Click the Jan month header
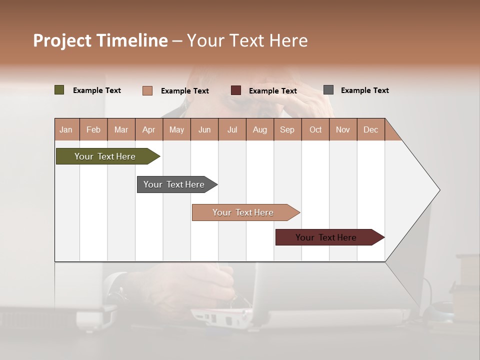pyautogui.click(x=66, y=129)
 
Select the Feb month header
pyautogui.click(x=93, y=129)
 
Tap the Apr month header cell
pyautogui.click(x=149, y=129)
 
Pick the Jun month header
pyautogui.click(x=204, y=129)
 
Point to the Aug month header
pyautogui.click(x=260, y=129)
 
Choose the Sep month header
pyautogui.click(x=287, y=129)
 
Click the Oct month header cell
pyautogui.click(x=315, y=129)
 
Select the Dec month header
pyautogui.click(x=371, y=129)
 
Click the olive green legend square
pyautogui.click(x=59, y=90)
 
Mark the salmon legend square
pyautogui.click(x=147, y=90)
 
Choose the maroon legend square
pyautogui.click(x=236, y=90)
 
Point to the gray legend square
pyautogui.click(x=328, y=90)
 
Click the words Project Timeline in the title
pyautogui.click(x=100, y=40)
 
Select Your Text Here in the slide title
pyautogui.click(x=247, y=40)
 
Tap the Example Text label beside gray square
pyautogui.click(x=364, y=90)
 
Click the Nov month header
pyautogui.click(x=343, y=129)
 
